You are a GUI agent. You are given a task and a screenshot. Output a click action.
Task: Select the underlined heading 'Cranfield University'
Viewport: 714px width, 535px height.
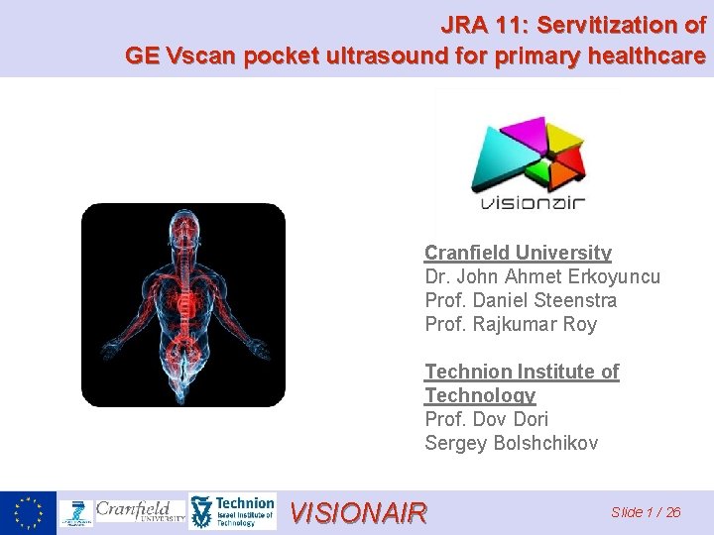pos(518,253)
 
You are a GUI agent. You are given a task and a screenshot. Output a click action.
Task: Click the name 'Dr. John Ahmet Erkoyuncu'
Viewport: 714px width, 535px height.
pos(541,276)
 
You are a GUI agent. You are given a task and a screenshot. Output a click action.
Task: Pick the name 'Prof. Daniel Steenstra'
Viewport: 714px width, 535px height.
pos(521,300)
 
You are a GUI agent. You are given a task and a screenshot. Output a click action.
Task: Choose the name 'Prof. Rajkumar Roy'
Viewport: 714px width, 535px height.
pos(511,324)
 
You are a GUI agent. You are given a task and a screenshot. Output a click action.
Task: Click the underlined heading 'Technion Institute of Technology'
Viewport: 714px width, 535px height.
pos(522,383)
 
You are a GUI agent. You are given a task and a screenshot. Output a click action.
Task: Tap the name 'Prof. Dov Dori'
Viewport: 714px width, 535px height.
pos(486,419)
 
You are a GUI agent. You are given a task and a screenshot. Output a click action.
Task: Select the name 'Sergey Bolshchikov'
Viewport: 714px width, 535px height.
pos(511,443)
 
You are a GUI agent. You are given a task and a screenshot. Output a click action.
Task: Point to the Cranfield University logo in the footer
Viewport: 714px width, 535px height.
pos(140,511)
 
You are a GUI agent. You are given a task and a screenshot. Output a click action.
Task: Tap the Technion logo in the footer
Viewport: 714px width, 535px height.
pos(232,512)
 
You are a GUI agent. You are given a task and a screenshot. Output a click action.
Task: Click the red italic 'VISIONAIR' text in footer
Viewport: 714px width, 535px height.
pos(358,512)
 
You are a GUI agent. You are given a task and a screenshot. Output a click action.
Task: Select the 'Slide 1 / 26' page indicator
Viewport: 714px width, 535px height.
pos(646,512)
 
